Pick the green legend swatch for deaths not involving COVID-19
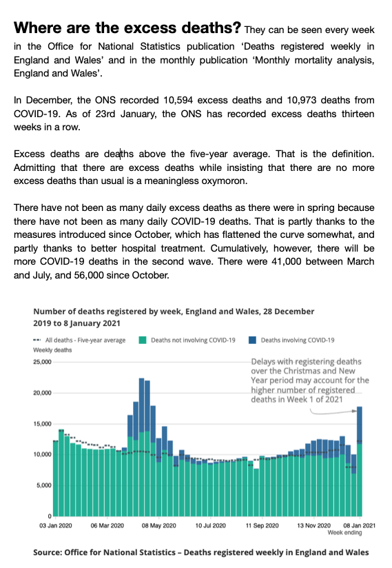(x=143, y=340)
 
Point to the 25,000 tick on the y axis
(x=42, y=363)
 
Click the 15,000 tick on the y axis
(x=42, y=424)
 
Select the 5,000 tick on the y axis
(x=44, y=485)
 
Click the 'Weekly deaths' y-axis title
(x=52, y=350)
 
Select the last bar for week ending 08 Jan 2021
(x=359, y=462)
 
